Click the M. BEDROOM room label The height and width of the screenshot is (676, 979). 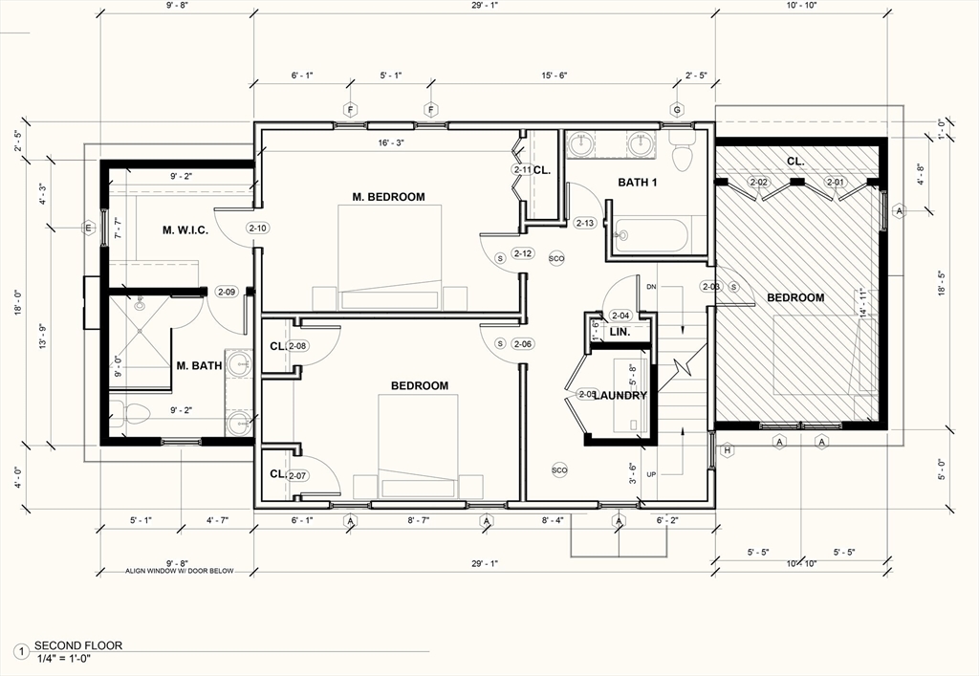[388, 197]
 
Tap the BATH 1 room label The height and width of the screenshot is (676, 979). [638, 183]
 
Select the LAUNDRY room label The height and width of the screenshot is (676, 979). [620, 395]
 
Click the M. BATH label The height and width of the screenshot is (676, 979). [199, 365]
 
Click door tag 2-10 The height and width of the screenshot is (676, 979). [258, 229]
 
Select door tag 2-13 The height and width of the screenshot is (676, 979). [585, 223]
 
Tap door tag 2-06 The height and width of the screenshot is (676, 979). [522, 344]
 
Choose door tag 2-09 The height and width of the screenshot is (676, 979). [227, 292]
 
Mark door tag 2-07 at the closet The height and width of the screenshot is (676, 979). [296, 475]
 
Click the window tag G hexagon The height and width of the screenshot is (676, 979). [678, 109]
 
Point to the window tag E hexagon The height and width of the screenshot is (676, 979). [88, 228]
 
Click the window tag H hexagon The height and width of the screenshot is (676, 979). [727, 450]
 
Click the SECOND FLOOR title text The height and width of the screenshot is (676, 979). [78, 645]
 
